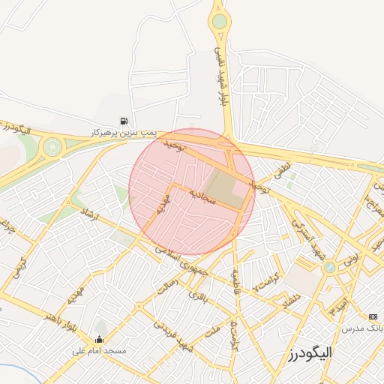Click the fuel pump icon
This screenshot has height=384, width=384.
tap(123, 120)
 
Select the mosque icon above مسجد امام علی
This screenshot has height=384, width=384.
tap(100, 339)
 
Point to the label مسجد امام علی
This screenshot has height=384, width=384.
tap(100, 351)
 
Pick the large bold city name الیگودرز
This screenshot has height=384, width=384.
tap(309, 351)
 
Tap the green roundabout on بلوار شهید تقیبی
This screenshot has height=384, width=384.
tap(219, 21)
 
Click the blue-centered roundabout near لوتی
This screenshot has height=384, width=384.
tap(329, 267)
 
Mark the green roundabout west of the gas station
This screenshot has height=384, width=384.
tap(52, 146)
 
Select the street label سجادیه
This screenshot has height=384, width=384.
tap(202, 197)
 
